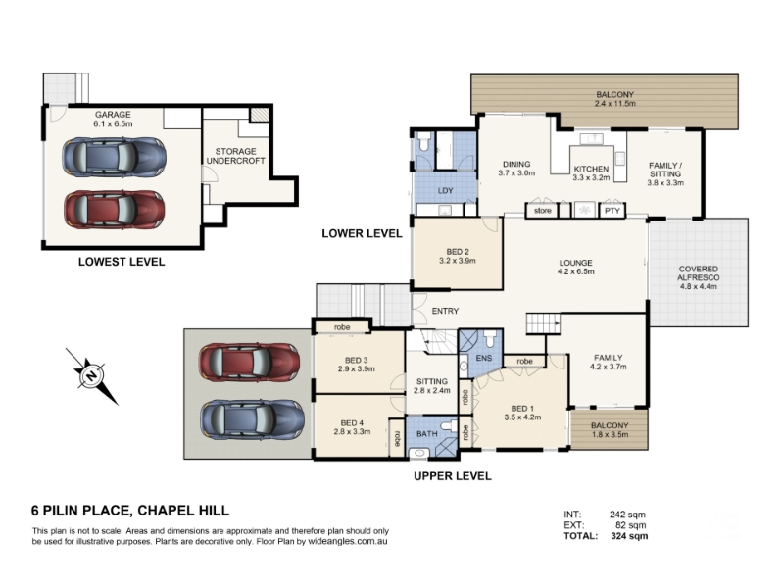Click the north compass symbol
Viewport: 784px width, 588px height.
pos(91,376)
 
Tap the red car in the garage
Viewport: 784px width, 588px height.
pos(115,210)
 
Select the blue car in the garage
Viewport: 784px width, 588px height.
pos(115,157)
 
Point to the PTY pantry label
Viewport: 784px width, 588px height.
pos(612,211)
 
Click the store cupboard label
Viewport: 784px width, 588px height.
pos(543,211)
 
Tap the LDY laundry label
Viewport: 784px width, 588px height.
pos(445,190)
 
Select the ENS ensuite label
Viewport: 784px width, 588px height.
pos(484,358)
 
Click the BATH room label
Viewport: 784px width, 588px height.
pos(426,433)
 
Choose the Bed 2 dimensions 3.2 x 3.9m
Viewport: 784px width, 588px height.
pos(457,261)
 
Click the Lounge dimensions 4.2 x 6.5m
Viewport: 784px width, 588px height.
pos(576,272)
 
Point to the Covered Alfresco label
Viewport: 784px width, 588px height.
pos(699,273)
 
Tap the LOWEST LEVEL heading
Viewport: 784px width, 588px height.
pos(122,262)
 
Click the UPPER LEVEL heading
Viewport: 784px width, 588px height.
pos(453,476)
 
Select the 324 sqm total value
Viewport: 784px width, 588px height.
pos(629,536)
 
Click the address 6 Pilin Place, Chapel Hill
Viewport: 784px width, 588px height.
pos(130,511)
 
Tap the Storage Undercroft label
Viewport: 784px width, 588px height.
pos(235,156)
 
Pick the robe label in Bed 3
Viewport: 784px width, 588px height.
pos(342,327)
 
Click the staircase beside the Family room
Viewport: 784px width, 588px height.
pos(543,323)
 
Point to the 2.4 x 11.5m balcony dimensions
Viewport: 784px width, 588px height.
pos(615,104)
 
